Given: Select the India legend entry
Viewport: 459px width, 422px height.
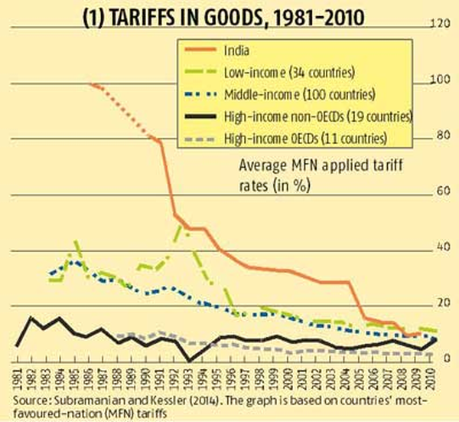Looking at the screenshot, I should pos(238,51).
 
